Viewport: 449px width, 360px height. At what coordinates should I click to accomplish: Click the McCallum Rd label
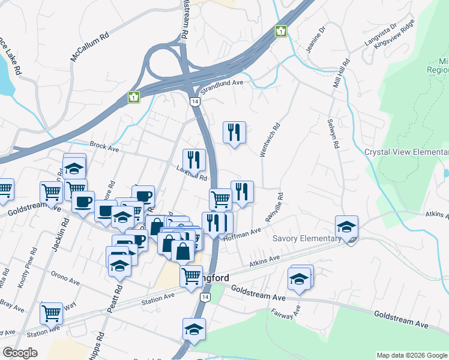(90, 47)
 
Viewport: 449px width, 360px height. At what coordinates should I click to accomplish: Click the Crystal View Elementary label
(406, 152)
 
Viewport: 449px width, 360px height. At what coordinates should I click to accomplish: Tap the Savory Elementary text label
(306, 238)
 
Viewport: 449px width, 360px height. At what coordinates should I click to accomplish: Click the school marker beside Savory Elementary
(346, 227)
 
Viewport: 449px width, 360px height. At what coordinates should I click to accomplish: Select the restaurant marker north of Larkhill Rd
(234, 132)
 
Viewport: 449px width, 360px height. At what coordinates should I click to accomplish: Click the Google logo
(19, 353)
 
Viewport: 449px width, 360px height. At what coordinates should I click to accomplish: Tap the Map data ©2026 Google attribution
(412, 355)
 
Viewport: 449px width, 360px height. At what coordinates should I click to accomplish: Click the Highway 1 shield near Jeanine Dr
(280, 31)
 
